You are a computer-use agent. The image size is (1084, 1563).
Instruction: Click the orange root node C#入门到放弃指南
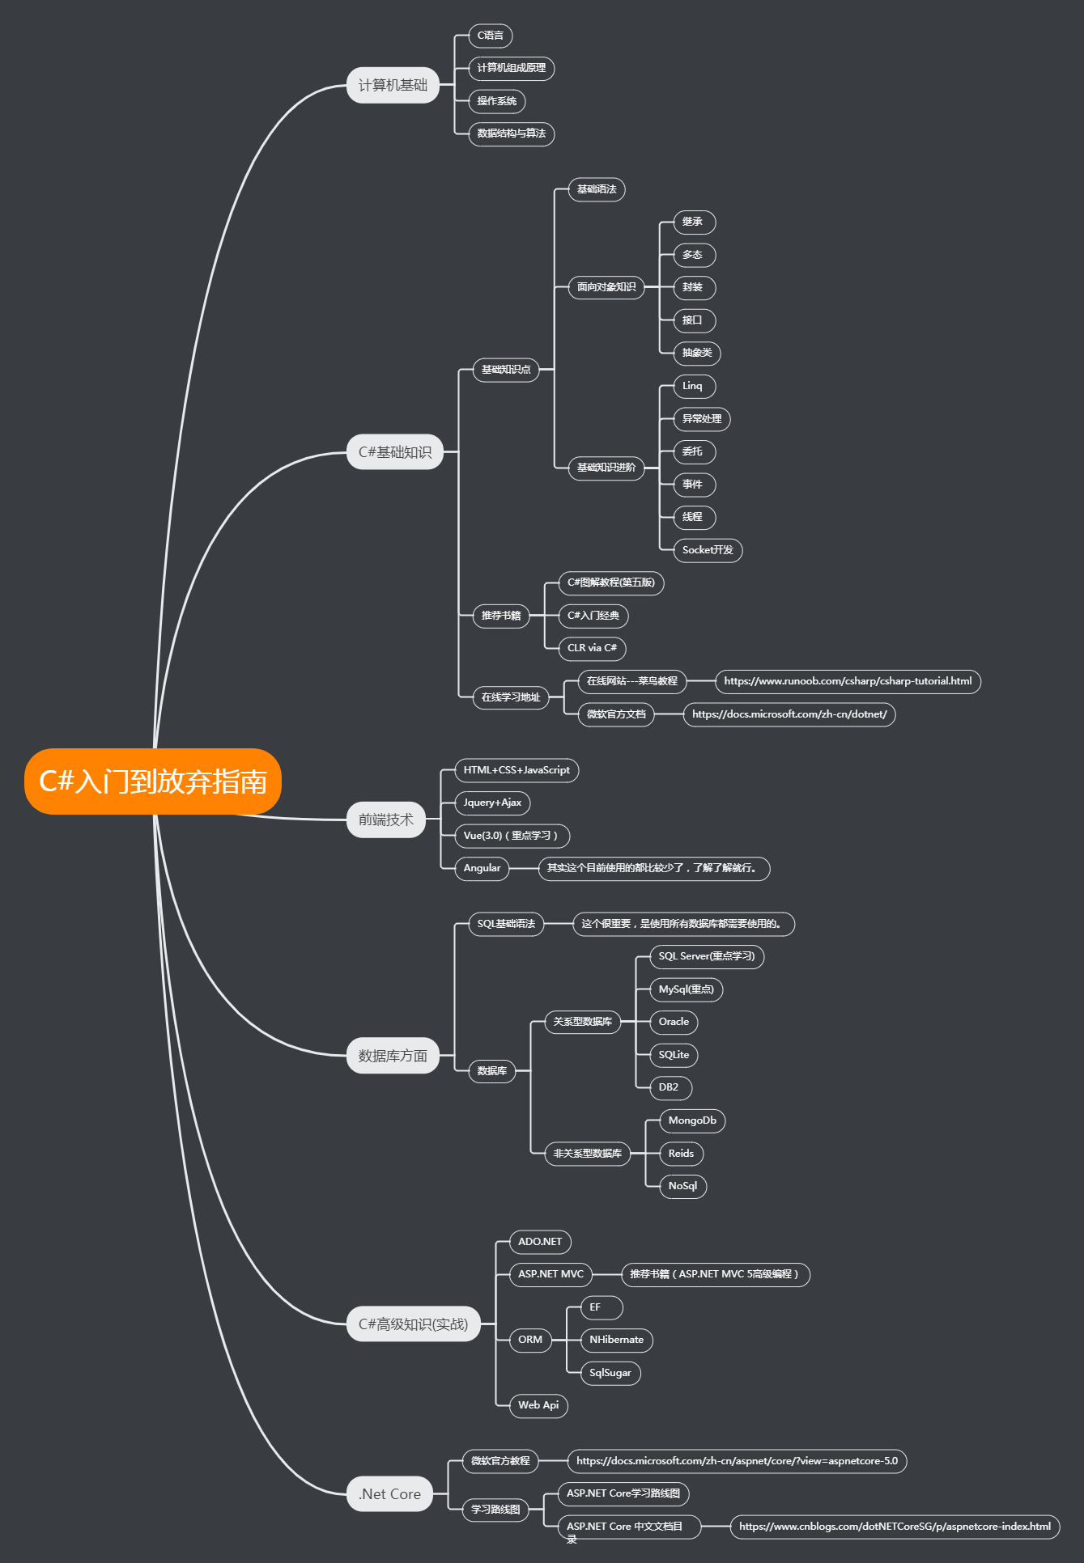153,781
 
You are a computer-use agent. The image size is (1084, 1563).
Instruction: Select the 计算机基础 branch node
393,85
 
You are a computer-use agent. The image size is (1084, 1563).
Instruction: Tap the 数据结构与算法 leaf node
512,133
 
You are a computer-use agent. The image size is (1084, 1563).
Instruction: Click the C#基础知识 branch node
395,452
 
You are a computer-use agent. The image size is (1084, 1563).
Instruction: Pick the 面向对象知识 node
606,287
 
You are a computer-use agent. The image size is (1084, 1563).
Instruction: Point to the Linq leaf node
695,386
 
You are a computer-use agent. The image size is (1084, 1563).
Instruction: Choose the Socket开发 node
708,550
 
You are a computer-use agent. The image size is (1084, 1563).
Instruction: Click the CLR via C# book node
593,648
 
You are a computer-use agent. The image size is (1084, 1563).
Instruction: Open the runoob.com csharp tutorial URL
848,681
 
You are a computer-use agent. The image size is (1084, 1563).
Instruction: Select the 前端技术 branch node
386,820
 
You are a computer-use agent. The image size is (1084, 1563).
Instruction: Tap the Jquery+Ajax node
492,803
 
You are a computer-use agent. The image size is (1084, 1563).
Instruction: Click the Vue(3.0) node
512,836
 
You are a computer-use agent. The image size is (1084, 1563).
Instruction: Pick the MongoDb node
692,1120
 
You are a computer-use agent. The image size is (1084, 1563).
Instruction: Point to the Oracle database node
674,1022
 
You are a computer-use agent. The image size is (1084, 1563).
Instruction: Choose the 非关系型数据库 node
588,1154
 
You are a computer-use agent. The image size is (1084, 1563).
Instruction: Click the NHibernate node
617,1340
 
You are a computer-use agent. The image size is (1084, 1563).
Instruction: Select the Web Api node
538,1405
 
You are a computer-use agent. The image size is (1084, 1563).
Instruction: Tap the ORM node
530,1340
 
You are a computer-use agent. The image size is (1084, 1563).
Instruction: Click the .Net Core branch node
389,1494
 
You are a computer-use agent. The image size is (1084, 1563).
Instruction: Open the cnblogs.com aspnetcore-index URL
895,1527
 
